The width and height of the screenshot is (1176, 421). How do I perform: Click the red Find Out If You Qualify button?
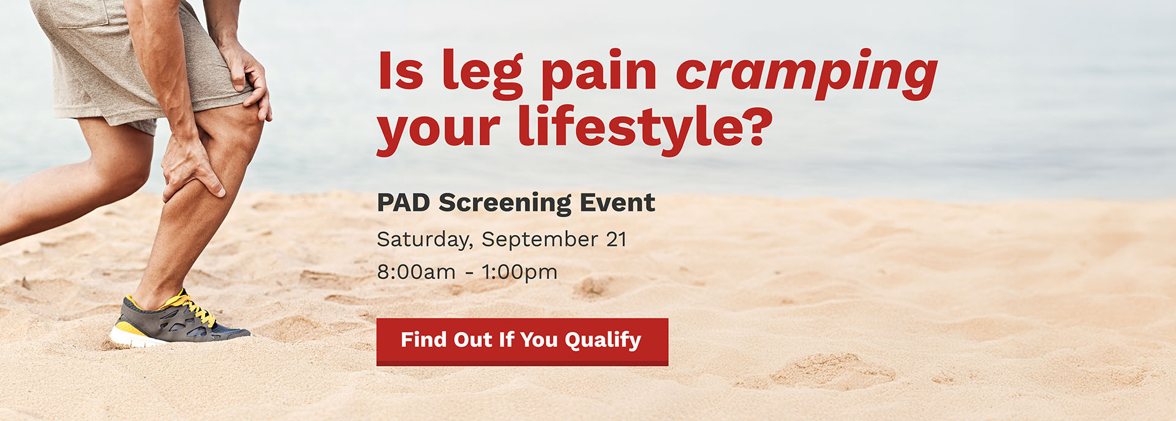tap(522, 341)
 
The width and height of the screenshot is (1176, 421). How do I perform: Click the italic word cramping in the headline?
tap(806, 73)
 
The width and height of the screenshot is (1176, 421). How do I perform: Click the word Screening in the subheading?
tap(505, 203)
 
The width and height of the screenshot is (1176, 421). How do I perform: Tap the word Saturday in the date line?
tap(424, 239)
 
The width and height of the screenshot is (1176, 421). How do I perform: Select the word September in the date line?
tap(539, 239)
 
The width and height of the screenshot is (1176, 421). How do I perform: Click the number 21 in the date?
tap(616, 239)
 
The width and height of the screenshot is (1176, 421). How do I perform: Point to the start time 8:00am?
tap(416, 272)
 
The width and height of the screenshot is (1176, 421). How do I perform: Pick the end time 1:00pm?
tap(519, 272)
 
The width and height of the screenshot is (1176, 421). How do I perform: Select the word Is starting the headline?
tap(401, 72)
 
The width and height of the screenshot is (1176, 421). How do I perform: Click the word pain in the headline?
tap(598, 73)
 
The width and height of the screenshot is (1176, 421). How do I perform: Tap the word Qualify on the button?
tap(603, 340)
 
